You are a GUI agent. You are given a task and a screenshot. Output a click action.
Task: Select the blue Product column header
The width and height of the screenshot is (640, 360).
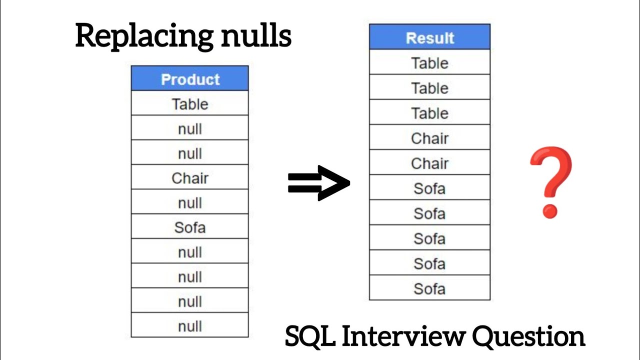(x=190, y=79)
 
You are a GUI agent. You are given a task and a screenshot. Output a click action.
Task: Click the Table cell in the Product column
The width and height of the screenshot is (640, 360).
(x=190, y=104)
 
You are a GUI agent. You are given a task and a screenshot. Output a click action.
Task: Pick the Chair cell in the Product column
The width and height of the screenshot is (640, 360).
(x=190, y=178)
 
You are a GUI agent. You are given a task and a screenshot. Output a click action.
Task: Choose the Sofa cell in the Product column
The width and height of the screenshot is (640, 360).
(x=190, y=227)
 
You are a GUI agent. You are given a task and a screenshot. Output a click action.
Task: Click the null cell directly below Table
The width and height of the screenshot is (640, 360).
(x=190, y=129)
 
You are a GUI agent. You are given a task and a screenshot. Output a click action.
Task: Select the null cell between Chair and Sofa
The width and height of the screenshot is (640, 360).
(x=190, y=203)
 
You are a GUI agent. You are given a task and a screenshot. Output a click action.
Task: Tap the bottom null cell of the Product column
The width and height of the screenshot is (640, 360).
(x=190, y=326)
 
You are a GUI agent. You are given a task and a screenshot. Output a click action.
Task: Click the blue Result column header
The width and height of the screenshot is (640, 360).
(x=429, y=38)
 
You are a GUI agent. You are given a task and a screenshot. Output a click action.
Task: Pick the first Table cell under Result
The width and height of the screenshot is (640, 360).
(x=429, y=63)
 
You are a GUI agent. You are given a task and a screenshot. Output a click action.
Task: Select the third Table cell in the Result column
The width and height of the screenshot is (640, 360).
(x=429, y=113)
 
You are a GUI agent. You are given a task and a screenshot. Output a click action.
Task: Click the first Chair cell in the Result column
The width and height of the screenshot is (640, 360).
(x=429, y=138)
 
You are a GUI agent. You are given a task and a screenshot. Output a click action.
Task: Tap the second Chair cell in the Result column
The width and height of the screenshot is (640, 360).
(x=429, y=163)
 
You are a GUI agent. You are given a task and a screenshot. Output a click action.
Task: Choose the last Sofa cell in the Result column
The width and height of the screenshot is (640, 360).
(x=429, y=288)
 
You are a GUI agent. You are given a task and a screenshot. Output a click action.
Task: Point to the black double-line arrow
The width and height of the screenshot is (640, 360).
(x=319, y=183)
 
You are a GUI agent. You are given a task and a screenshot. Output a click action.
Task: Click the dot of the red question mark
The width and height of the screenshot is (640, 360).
(x=550, y=210)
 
